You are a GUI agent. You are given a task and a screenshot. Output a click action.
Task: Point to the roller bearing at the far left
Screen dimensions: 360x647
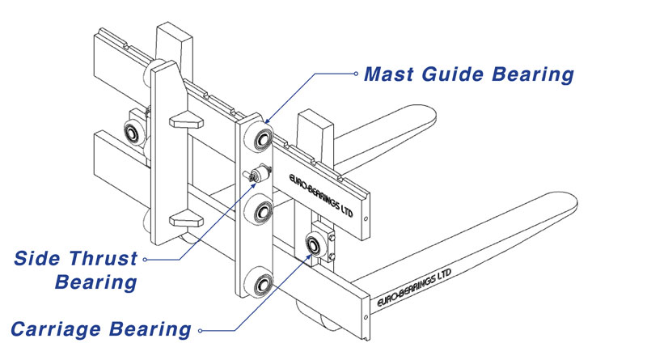tap(131, 131)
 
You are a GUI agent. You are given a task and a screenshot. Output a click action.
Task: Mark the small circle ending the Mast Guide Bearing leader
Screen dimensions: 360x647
tap(356, 74)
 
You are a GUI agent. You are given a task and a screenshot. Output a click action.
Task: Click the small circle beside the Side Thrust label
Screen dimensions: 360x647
tap(146, 260)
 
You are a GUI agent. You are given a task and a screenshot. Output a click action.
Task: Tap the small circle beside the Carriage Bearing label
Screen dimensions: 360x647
tap(201, 329)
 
